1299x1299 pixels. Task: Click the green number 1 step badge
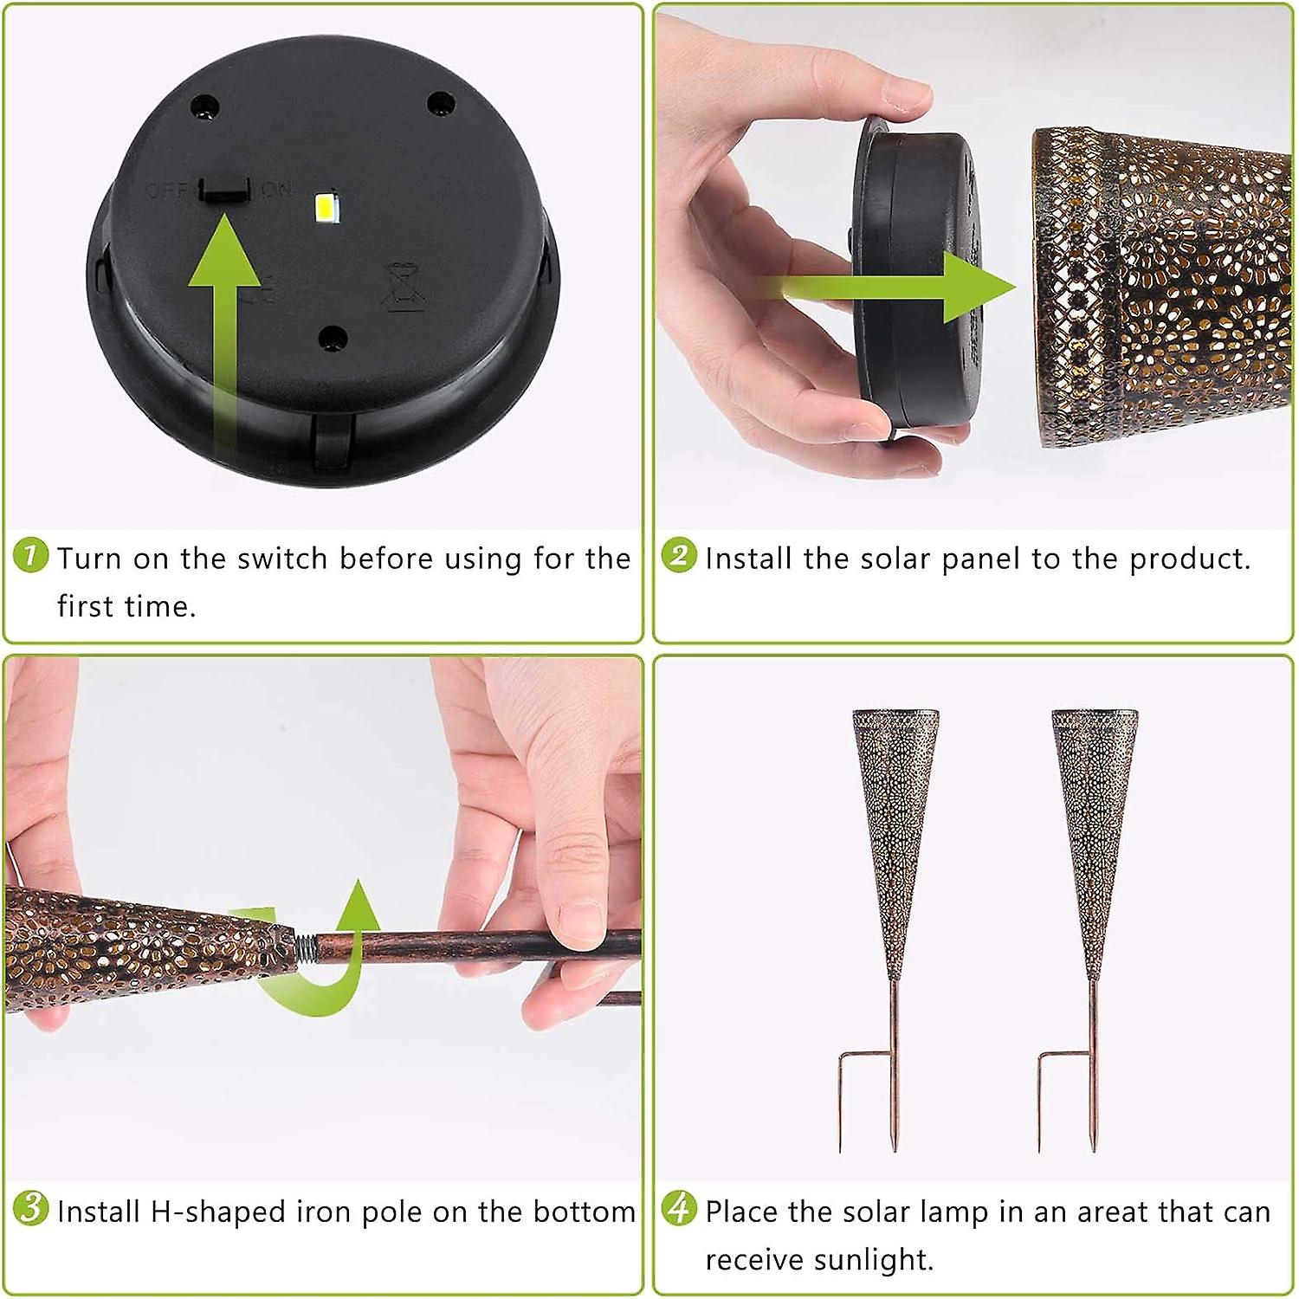point(31,555)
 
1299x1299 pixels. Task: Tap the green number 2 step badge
point(679,555)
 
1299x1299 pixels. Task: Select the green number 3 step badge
point(31,1208)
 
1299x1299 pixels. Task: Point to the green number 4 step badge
point(679,1208)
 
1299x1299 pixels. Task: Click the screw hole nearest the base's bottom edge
point(333,337)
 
